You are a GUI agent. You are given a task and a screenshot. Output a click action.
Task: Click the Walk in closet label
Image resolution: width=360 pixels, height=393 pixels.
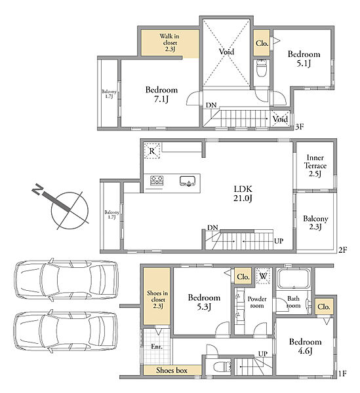pos(170,43)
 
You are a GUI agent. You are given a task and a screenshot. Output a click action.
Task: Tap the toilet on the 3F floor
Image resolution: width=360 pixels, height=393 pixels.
pos(261,67)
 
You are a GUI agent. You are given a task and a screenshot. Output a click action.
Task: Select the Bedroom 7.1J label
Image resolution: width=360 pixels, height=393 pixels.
pos(161,94)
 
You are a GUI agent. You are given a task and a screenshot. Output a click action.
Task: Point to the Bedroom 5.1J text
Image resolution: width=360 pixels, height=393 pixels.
pos(304,59)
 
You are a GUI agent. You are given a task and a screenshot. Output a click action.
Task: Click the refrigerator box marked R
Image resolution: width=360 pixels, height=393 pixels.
pos(152,151)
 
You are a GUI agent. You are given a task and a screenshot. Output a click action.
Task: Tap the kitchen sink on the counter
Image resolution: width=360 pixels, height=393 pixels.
pos(188,181)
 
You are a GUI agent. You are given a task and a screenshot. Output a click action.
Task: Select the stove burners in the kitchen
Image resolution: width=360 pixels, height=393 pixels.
pos(157,181)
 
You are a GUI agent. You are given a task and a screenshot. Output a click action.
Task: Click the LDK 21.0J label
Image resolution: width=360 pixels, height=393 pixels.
pos(243,193)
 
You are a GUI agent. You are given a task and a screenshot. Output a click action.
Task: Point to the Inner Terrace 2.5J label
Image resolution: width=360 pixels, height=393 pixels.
pos(315,166)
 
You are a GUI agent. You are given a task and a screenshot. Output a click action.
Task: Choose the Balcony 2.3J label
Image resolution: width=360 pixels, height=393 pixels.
pos(315,223)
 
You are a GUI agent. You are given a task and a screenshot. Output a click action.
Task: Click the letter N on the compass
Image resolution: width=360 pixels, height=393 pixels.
pos(37,189)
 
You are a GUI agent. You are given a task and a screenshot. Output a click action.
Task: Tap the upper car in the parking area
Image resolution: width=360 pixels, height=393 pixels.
pos(66,280)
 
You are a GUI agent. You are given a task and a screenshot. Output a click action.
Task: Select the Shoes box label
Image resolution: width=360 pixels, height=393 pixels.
pos(172,370)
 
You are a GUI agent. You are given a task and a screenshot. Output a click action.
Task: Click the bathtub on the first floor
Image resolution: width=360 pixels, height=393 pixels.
pos(294,279)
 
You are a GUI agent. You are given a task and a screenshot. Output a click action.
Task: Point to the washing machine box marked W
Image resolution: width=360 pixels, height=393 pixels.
pos(263,276)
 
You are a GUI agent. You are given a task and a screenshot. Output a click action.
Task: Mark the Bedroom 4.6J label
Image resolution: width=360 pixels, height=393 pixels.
pos(305,346)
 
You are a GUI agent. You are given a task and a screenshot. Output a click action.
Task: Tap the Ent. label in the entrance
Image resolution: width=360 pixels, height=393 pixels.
pos(157,346)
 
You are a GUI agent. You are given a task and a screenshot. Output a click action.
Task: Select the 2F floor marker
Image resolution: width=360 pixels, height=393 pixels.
pos(343,250)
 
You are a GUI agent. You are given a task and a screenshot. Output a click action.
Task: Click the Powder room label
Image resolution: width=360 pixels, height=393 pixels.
pos(257,302)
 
